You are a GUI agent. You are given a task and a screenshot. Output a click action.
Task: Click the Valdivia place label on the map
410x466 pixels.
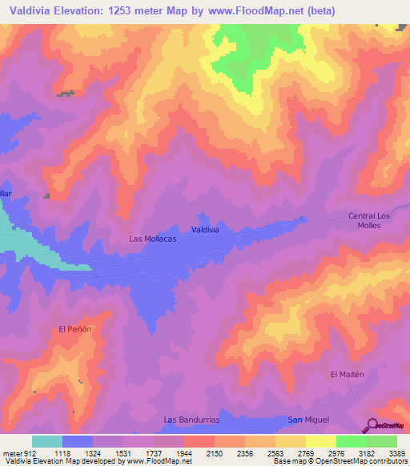tap(206, 230)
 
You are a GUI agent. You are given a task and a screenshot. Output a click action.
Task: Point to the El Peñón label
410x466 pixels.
tap(76, 329)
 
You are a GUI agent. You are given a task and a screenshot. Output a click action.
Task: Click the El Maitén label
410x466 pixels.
tap(347, 374)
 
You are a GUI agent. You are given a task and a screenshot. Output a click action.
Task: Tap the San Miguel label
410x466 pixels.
tap(308, 420)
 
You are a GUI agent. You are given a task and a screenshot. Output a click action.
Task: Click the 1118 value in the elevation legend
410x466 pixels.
tap(61, 452)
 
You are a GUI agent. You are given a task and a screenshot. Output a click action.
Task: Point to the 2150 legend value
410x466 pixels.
tap(214, 452)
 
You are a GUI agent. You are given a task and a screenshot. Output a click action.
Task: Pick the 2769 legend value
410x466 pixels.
tap(305, 452)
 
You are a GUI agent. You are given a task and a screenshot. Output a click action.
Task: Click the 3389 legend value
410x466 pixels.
tap(396, 452)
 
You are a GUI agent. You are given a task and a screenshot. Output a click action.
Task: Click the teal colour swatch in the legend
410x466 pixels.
tap(47, 441)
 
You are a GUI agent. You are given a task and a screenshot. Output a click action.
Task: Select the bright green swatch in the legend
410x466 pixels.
tap(351, 441)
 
